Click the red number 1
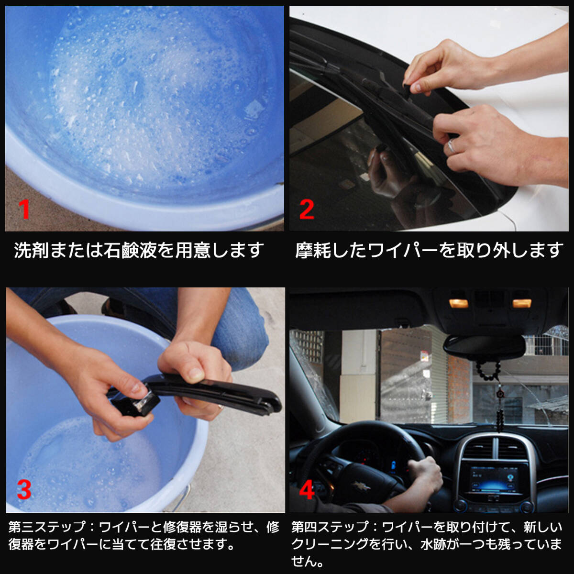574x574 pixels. (24, 210)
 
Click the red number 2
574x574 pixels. (307, 210)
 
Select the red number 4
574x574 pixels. (307, 490)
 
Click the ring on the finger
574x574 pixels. (452, 146)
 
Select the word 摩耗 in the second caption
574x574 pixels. (313, 250)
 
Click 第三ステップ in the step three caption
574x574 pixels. (47, 527)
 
